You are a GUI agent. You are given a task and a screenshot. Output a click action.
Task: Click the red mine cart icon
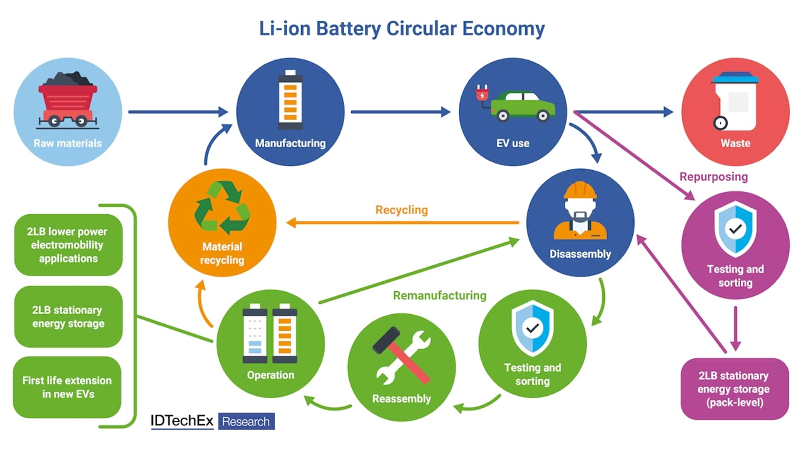click(68, 100)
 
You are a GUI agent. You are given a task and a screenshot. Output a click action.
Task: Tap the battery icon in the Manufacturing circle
click(290, 100)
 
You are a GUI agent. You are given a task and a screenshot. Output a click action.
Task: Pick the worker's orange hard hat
click(580, 190)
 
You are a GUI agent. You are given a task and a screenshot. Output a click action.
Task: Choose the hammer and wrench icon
click(401, 356)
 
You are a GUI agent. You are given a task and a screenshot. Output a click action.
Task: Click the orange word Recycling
click(401, 210)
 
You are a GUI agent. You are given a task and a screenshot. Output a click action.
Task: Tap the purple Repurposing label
click(713, 177)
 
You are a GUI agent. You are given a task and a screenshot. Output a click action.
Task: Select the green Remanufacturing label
click(440, 295)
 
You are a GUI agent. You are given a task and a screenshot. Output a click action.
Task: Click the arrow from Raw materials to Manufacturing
click(178, 112)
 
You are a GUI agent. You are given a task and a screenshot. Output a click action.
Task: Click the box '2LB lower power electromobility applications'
click(68, 245)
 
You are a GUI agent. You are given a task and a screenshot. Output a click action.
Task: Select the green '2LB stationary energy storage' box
click(68, 316)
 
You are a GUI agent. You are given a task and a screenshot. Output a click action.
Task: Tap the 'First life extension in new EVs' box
click(67, 387)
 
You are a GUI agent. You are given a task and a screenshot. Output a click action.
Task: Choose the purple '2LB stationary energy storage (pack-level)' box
click(735, 389)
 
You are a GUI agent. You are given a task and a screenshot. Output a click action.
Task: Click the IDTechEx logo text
click(182, 421)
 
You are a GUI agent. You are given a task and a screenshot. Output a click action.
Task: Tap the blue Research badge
click(246, 421)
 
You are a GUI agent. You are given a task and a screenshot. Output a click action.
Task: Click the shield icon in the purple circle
click(735, 229)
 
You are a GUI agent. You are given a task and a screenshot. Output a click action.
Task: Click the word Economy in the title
click(504, 29)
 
